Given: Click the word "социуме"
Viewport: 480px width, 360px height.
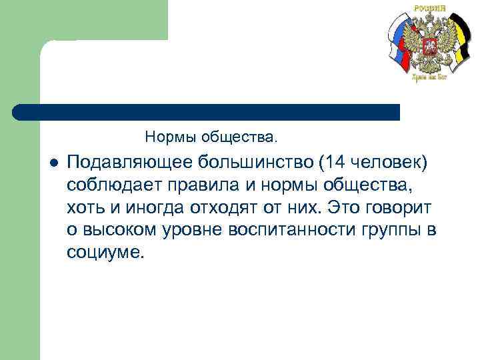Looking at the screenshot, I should pyautogui.click(x=103, y=253).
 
